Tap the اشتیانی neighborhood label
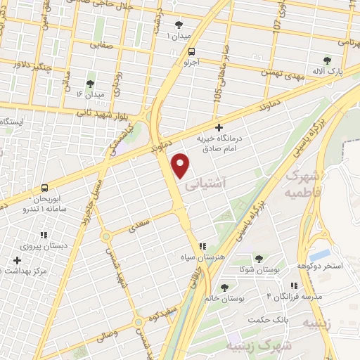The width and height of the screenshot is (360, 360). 205,186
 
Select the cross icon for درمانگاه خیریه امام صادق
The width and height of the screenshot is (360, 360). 219,128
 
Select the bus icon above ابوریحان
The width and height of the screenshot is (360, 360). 45,188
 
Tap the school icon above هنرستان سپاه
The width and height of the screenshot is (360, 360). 202,246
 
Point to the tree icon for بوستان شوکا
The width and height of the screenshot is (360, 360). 259,259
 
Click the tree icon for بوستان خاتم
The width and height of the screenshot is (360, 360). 224,287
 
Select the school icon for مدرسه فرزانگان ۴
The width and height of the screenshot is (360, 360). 294,285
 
